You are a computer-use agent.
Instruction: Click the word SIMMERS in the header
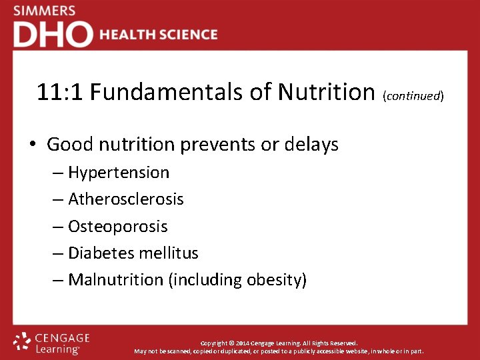point(44,11)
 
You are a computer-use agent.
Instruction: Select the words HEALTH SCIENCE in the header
point(159,35)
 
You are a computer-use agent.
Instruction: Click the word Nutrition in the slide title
point(325,92)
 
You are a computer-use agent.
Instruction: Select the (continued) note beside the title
point(413,95)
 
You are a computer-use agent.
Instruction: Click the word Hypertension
point(119,173)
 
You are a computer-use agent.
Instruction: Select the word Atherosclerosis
point(126,199)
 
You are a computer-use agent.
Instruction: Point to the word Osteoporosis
point(118,226)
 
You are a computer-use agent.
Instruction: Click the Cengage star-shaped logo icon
point(23,341)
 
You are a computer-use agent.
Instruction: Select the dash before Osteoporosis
point(59,226)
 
